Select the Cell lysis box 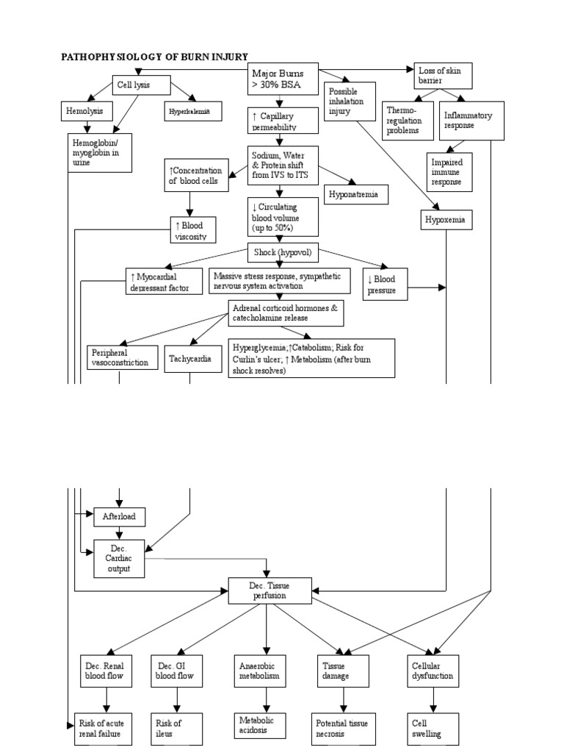[141, 85]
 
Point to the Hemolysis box [86, 111]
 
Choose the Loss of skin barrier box [442, 76]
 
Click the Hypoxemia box [447, 219]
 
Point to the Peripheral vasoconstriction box [122, 357]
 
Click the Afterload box [119, 517]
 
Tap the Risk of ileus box [176, 728]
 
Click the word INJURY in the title [227, 57]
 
